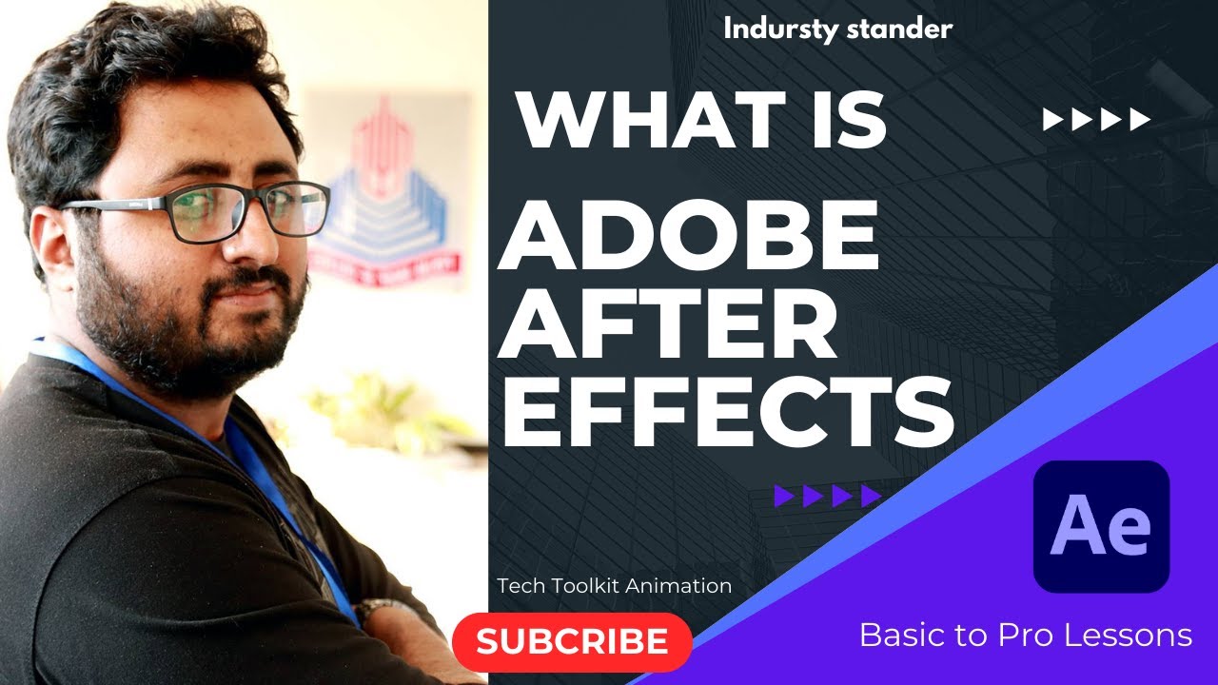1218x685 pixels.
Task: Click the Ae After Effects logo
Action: pyautogui.click(x=1101, y=526)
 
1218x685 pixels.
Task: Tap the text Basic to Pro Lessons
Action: pyautogui.click(x=1025, y=635)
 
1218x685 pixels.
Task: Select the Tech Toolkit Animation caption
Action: pyautogui.click(x=614, y=586)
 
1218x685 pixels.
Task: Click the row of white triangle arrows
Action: pyautogui.click(x=1097, y=120)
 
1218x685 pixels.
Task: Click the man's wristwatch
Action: pyautogui.click(x=381, y=610)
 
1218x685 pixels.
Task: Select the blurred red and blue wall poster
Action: pyautogui.click(x=390, y=190)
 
